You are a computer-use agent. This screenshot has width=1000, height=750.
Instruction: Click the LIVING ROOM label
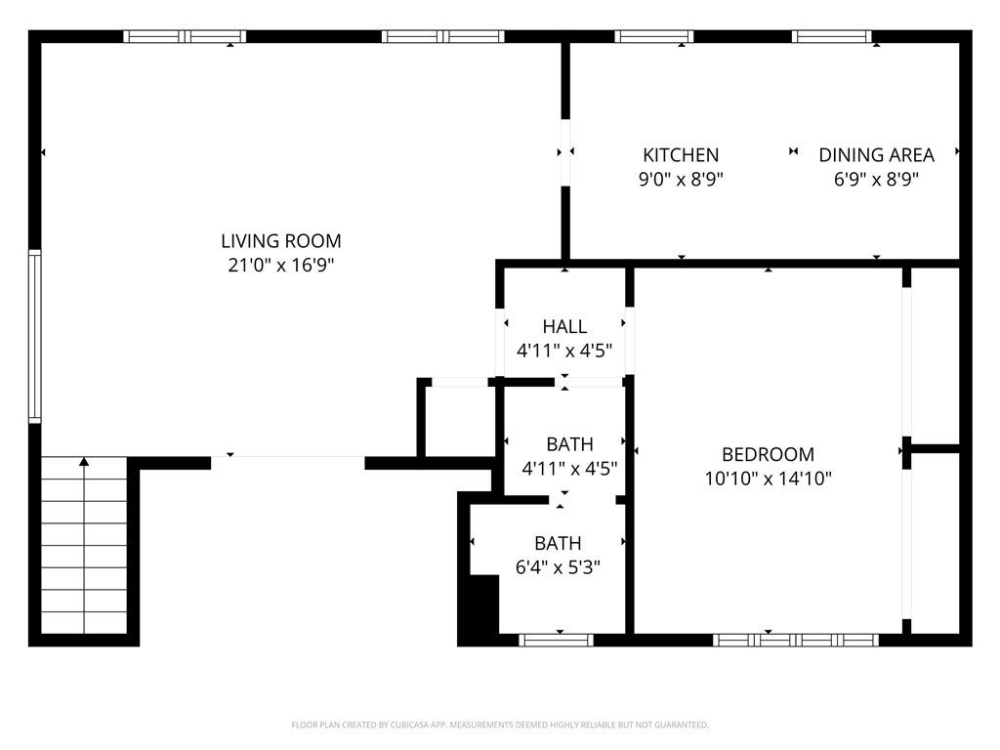(x=280, y=240)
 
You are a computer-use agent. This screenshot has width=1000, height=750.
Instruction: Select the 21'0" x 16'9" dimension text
(x=280, y=265)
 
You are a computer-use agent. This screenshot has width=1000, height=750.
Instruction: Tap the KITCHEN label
(x=681, y=154)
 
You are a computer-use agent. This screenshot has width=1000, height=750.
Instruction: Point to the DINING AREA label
(x=876, y=154)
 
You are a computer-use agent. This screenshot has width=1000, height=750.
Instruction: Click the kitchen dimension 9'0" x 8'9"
(x=681, y=179)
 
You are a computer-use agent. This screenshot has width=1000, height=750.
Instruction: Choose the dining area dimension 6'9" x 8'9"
(x=876, y=179)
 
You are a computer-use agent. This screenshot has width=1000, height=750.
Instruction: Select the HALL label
(x=564, y=326)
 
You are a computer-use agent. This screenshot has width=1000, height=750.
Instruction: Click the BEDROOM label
(x=768, y=454)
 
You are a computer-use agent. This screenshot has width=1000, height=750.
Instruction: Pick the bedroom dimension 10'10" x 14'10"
(x=768, y=479)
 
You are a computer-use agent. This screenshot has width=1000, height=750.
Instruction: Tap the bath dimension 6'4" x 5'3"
(x=557, y=567)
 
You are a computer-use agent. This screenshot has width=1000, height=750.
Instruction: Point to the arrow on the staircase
(x=84, y=463)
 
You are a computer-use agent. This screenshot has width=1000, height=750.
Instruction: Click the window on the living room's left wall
(x=35, y=337)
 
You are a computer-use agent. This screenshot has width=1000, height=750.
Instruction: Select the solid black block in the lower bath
(x=479, y=608)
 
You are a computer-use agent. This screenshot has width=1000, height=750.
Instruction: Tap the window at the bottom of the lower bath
(x=556, y=640)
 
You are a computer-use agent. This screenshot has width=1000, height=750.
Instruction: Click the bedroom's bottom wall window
(x=796, y=640)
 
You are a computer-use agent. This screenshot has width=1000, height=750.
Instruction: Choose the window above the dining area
(x=832, y=37)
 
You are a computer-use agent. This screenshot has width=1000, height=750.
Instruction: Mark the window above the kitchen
(x=654, y=37)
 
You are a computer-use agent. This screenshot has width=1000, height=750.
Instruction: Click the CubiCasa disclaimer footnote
(x=500, y=725)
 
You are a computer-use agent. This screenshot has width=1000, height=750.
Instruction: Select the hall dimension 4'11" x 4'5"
(x=564, y=351)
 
